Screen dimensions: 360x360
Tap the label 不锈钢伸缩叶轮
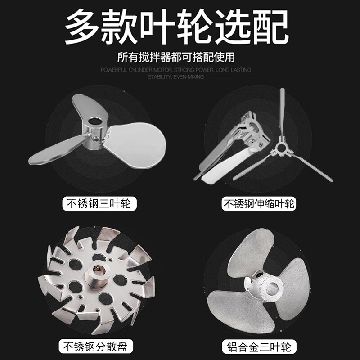pyautogui.click(x=259, y=204)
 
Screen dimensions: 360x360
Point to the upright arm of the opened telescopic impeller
pyautogui.click(x=282, y=112)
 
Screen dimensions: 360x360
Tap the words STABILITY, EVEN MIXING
pyautogui.click(x=175, y=77)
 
